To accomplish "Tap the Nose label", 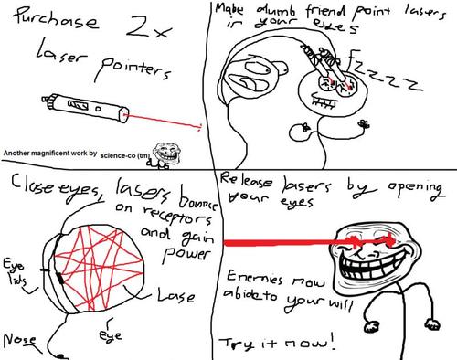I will tap(20, 339).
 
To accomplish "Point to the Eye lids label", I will tap(17, 271).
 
